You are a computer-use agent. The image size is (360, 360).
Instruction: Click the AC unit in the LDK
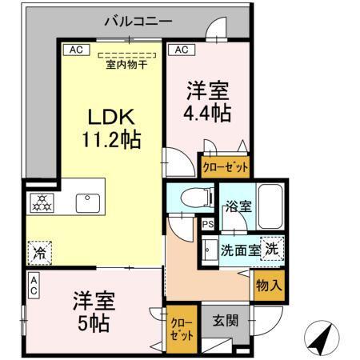(77, 50)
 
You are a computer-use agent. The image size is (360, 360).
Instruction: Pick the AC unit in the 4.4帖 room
(182, 50)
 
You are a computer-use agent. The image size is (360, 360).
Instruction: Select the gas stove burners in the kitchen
(41, 203)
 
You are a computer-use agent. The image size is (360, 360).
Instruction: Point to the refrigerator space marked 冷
(40, 253)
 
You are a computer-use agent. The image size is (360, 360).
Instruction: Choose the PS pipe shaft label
(206, 224)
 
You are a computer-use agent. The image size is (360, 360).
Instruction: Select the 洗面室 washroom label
(240, 250)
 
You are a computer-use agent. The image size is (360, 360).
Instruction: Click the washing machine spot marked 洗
(273, 248)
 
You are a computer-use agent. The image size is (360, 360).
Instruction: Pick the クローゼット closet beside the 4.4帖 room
(224, 168)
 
